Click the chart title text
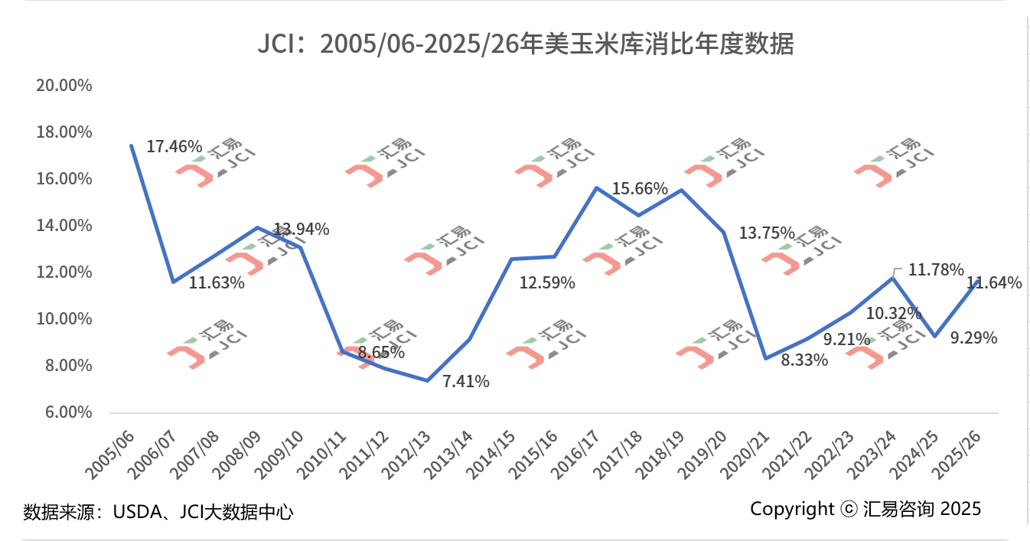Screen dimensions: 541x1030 526,44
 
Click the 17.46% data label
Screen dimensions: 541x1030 174,146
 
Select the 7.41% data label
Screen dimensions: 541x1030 466,381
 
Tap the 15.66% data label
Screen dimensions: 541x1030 640,188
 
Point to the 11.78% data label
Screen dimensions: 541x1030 936,270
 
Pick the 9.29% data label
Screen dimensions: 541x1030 973,337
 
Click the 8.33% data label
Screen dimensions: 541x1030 804,360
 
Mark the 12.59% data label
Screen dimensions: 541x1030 547,283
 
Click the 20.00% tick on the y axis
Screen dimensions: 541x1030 64,85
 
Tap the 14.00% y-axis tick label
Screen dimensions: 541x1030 64,226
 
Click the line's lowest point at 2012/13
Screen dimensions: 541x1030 427,380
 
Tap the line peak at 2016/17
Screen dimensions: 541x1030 596,187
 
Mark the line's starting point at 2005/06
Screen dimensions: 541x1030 132,145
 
